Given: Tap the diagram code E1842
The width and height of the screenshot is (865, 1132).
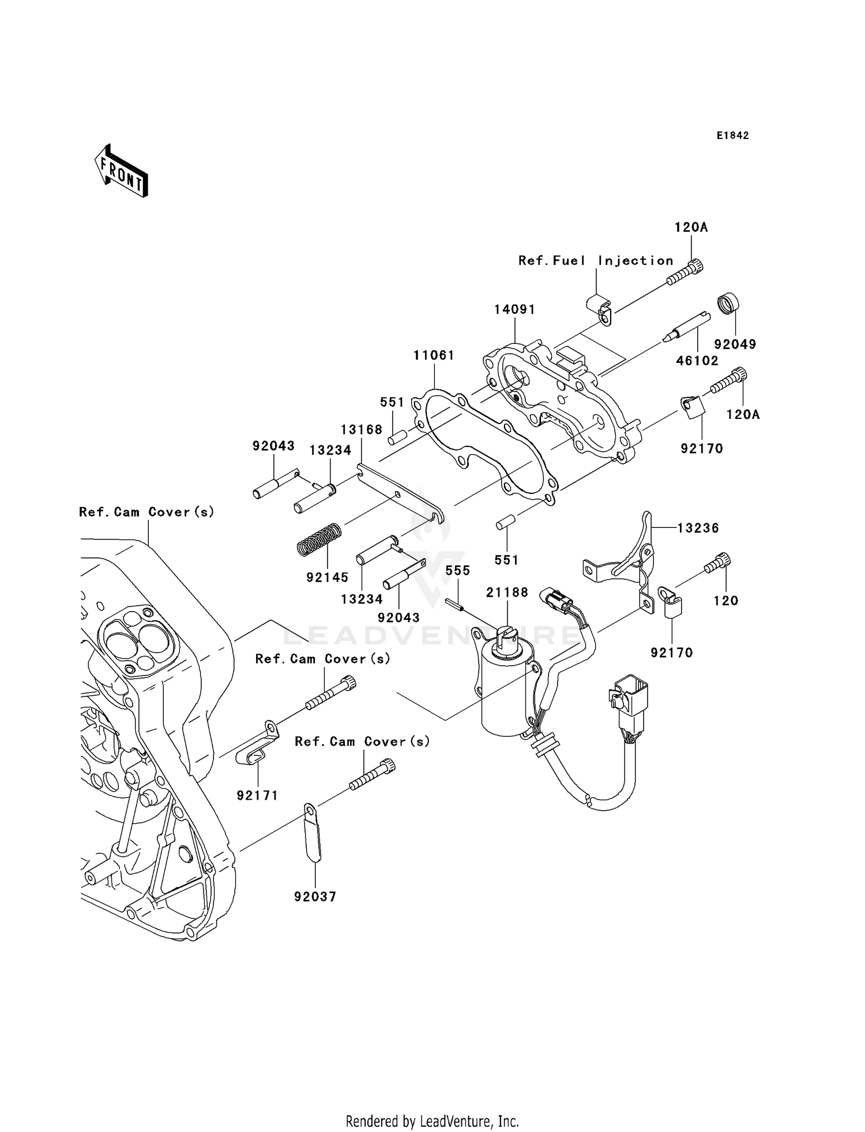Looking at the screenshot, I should [x=732, y=136].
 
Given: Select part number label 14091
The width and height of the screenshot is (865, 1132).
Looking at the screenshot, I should [x=514, y=309].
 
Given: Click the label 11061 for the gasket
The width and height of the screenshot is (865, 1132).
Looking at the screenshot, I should [x=434, y=355].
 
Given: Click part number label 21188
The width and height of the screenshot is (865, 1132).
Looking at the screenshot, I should [x=507, y=593].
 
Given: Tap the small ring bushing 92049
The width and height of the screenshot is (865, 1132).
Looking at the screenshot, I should [x=729, y=303].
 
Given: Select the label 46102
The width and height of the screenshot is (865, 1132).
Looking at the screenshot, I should [x=697, y=361].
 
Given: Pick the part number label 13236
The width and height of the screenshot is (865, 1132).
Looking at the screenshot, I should [x=698, y=528].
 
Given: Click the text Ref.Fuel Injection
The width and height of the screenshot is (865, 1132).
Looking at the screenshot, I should [x=596, y=261].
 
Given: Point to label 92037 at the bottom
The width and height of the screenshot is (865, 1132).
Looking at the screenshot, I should [x=315, y=897].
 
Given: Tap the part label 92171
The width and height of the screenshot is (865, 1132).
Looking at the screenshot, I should [x=257, y=796].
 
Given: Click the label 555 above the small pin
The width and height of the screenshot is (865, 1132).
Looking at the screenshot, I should [x=458, y=571].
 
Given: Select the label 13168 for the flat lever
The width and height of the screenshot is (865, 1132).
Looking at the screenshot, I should [x=362, y=430].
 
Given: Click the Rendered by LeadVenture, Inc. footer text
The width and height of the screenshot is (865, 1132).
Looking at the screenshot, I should [x=432, y=1121].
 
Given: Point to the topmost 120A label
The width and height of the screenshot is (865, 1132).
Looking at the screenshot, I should [x=691, y=227].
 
